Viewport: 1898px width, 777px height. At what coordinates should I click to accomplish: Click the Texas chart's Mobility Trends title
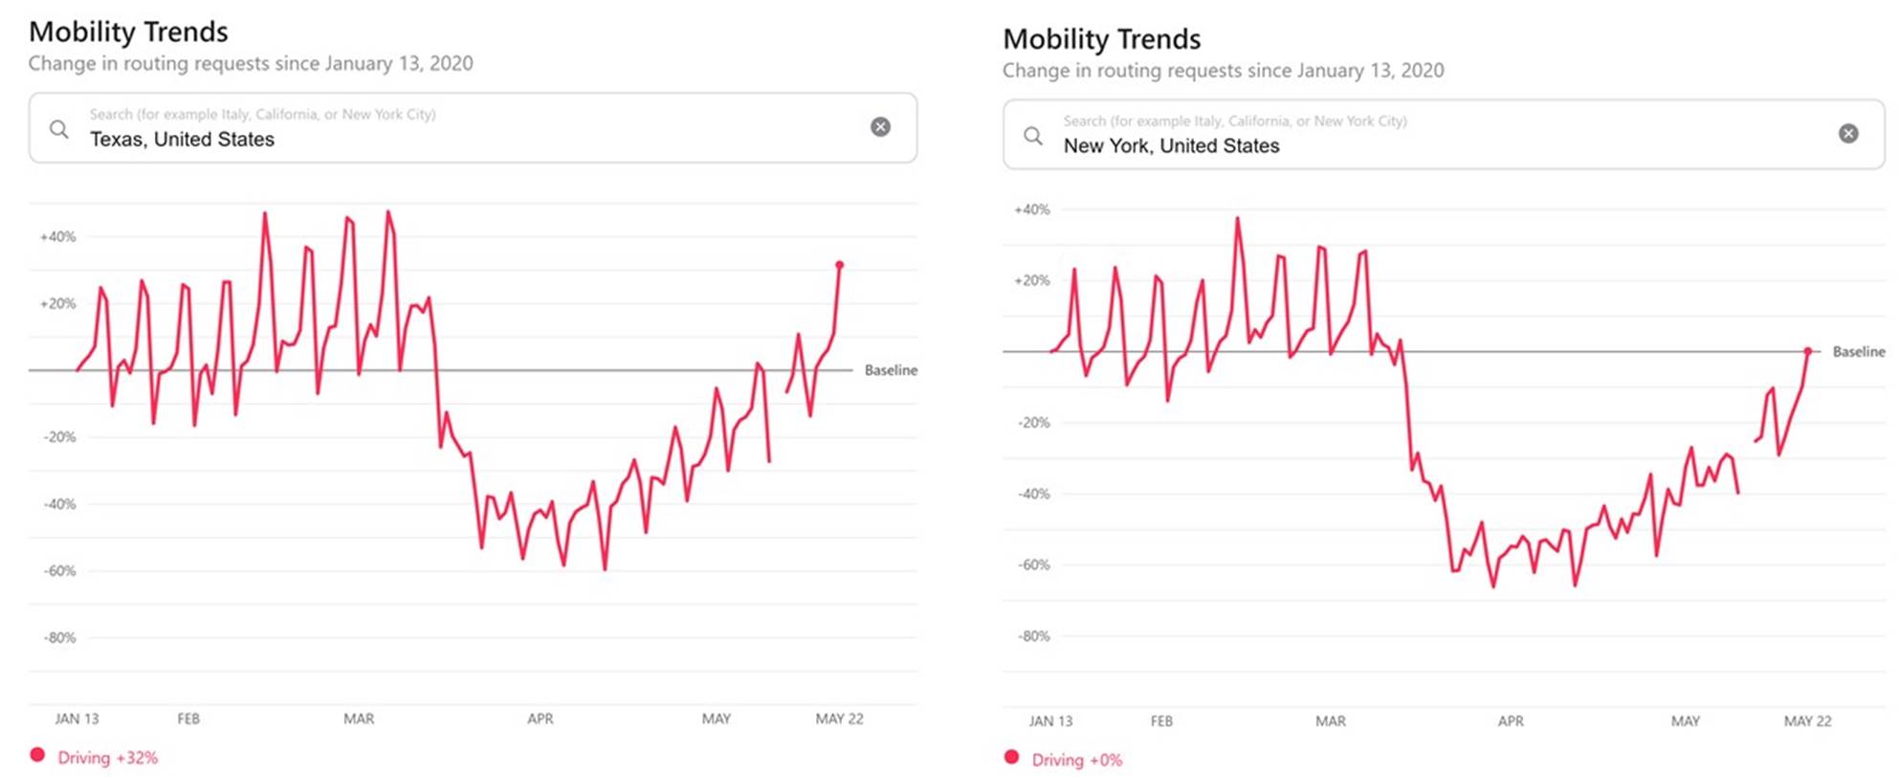[128, 32]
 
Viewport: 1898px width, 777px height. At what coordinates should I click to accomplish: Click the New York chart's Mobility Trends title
[1101, 39]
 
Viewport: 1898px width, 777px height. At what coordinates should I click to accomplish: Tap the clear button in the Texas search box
[880, 127]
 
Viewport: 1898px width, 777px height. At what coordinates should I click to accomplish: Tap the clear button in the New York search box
[1848, 134]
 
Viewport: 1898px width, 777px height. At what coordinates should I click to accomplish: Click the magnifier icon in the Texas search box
[59, 128]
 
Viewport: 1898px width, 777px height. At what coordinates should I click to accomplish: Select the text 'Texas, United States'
[182, 140]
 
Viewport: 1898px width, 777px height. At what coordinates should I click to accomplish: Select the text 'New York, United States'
[1171, 146]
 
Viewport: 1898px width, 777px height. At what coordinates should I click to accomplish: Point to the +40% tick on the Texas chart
[57, 236]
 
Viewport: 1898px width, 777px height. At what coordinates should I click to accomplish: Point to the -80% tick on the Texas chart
[59, 637]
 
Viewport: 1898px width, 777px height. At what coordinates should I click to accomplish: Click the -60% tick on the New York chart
[1033, 565]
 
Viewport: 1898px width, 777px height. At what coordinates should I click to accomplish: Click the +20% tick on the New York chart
[1031, 280]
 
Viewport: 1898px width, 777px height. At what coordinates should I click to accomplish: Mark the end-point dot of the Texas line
[840, 265]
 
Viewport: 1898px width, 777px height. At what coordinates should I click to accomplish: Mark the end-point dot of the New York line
[1808, 351]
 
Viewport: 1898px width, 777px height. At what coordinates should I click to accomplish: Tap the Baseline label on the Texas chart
[891, 370]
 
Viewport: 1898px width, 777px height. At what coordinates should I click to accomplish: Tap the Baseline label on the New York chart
[1858, 352]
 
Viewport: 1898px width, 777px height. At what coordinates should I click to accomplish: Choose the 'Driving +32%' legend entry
[106, 758]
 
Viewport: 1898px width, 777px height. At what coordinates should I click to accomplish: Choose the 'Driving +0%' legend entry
[1075, 760]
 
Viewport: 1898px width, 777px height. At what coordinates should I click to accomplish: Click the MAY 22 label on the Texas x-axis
[839, 719]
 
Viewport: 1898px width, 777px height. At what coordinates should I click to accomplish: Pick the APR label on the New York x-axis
[1511, 721]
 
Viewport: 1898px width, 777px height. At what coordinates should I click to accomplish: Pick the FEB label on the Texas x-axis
[188, 719]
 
